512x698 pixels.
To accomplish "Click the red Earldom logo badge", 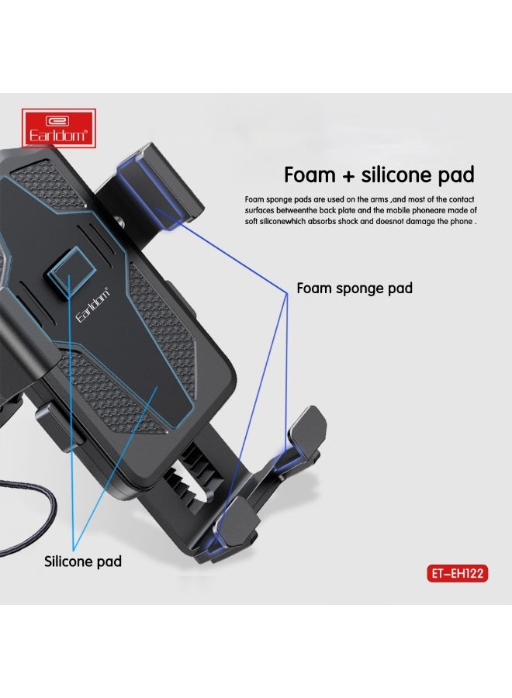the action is [x=59, y=128].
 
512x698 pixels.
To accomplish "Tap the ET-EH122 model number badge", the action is [x=457, y=573].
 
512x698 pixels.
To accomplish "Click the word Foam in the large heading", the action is [x=310, y=174].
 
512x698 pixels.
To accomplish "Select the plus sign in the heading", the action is [x=348, y=176].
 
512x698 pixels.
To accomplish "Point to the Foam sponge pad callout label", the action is [x=355, y=288].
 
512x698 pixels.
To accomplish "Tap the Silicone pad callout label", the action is [x=83, y=562].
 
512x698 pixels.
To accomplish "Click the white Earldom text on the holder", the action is [x=92, y=306].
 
